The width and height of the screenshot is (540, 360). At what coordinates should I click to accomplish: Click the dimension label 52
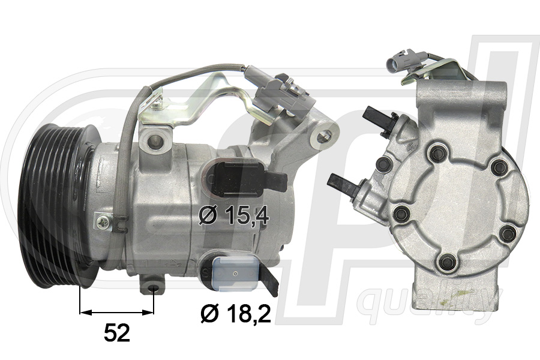pyautogui.click(x=116, y=333)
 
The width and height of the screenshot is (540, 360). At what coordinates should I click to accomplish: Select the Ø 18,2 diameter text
pyautogui.click(x=234, y=313)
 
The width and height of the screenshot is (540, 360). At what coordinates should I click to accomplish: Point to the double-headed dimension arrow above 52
pyautogui.click(x=116, y=312)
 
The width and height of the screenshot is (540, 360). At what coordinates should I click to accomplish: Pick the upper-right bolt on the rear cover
pyautogui.click(x=499, y=167)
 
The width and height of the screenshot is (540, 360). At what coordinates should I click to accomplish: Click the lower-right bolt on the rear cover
pyautogui.click(x=508, y=232)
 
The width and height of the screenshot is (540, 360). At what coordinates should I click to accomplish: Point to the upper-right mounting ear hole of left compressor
pyautogui.click(x=327, y=136)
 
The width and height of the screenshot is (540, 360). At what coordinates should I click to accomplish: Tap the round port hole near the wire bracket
pyautogui.click(x=157, y=141)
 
